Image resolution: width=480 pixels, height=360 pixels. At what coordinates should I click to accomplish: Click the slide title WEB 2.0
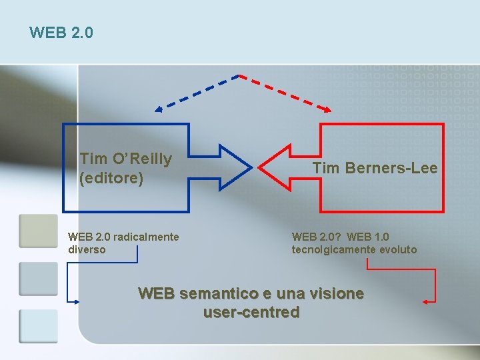pos(61,32)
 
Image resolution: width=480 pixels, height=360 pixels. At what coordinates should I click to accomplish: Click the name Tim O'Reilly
pos(125,159)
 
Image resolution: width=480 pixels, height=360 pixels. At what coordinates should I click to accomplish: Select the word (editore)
pos(111,179)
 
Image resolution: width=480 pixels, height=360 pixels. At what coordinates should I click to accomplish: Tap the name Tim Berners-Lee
pos(375,169)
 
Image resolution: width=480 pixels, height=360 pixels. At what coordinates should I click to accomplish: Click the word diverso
pos(87,250)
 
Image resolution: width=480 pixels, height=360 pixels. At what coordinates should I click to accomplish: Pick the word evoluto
pos(397,250)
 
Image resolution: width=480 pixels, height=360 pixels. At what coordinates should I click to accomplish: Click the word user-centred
pos(251,312)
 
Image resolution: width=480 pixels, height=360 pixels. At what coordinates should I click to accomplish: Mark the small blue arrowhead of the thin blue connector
pos(75,301)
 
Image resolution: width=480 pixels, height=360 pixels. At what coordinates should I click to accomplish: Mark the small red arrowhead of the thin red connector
pos(426,302)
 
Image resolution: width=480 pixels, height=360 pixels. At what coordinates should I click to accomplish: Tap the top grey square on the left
pos(38,231)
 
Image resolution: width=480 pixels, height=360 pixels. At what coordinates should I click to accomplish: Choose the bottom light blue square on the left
pos(38,326)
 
